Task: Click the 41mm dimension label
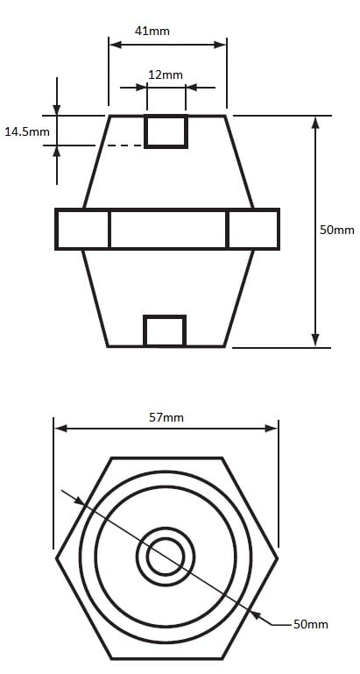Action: coord(152,31)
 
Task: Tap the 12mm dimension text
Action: coord(166,74)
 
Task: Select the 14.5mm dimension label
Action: coord(27,131)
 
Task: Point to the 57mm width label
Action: coord(166,417)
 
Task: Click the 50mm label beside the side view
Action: coord(337,230)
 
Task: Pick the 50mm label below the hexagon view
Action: coord(311,624)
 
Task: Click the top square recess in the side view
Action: coord(166,131)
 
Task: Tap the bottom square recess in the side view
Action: coord(165,330)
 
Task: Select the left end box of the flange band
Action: coord(82,229)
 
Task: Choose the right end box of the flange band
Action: coord(253,229)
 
